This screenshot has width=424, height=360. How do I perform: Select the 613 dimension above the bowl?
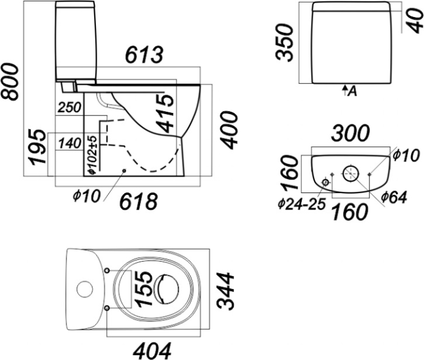pos(144,55)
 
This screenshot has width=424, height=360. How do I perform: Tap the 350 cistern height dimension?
pos(285,42)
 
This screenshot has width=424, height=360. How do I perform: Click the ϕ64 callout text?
pos(394,197)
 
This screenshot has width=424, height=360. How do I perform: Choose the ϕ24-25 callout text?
pos(300,203)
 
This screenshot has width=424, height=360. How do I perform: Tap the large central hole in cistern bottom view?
pos(350,174)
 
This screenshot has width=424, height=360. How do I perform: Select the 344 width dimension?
pos(225,291)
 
